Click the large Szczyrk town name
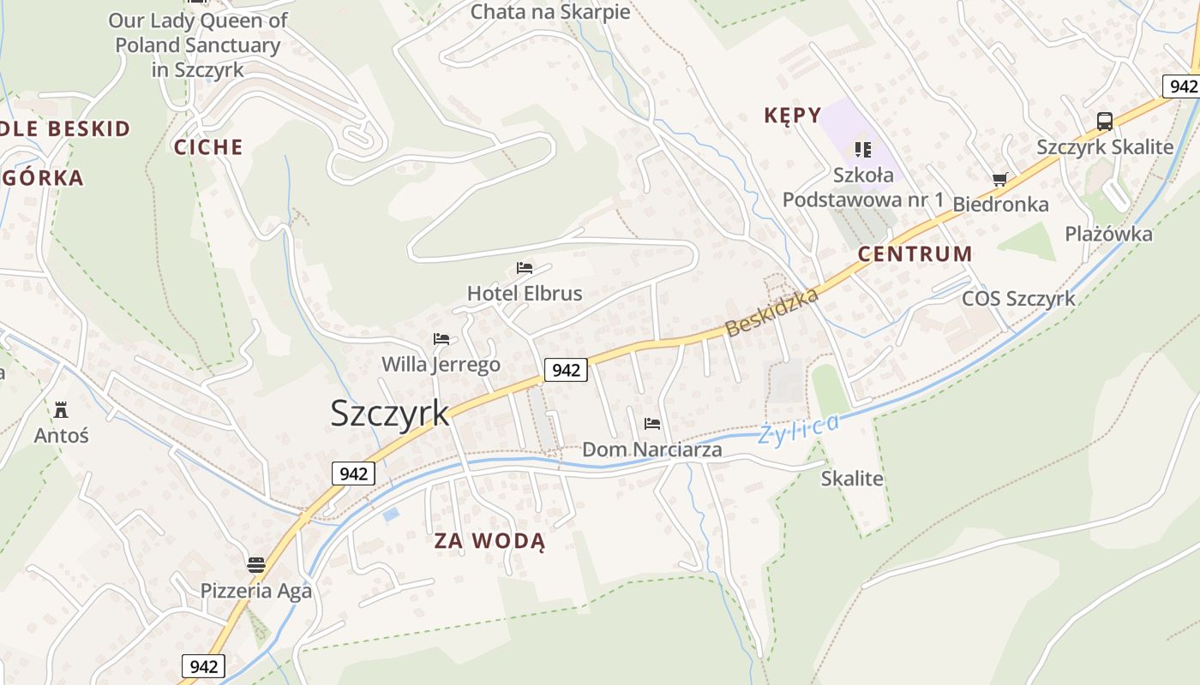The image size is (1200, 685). click(x=389, y=413)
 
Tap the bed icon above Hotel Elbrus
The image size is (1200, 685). click(x=525, y=268)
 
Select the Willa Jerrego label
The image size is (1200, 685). click(x=441, y=365)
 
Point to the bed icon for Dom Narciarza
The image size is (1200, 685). click(x=652, y=423)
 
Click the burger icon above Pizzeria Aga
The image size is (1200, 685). click(x=255, y=564)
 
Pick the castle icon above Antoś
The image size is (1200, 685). click(x=61, y=409)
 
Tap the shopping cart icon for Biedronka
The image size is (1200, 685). click(x=999, y=179)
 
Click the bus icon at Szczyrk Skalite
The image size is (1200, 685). click(x=1105, y=122)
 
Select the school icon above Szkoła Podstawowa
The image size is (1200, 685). click(x=862, y=150)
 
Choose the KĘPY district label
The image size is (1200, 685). click(x=793, y=115)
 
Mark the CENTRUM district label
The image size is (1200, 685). click(x=915, y=254)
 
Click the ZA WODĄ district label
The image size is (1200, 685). click(x=489, y=541)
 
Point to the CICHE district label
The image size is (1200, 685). click(x=208, y=147)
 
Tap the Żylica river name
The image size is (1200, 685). click(x=799, y=428)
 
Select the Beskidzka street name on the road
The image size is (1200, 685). click(x=771, y=311)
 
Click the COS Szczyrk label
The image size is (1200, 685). click(x=1018, y=299)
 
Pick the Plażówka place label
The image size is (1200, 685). click(x=1108, y=234)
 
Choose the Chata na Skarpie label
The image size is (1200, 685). click(x=550, y=12)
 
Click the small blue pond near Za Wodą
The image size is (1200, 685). click(x=391, y=515)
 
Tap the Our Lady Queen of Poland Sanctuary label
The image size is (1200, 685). click(x=198, y=45)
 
